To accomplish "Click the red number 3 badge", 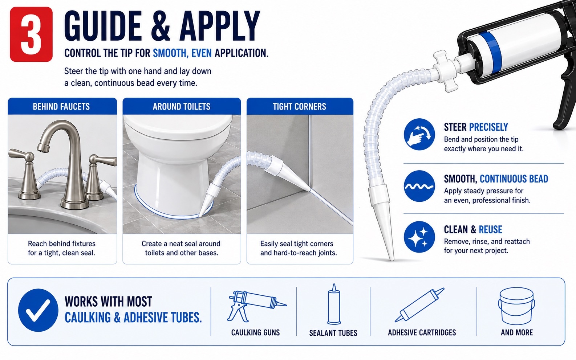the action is (x=31, y=34).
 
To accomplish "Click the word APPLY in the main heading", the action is (x=220, y=26).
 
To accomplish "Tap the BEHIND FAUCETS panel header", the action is (x=62, y=106).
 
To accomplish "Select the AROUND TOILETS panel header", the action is (x=182, y=106).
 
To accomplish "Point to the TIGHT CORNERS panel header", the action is (x=300, y=106).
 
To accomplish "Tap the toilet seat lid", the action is (x=178, y=126).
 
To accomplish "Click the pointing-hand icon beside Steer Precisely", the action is (x=419, y=134).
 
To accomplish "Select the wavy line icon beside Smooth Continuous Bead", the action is (x=419, y=186).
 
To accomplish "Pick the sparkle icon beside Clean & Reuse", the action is (x=419, y=237).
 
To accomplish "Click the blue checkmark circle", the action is (x=38, y=310).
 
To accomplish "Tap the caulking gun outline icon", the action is (x=256, y=306).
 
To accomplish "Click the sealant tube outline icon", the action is (x=334, y=304).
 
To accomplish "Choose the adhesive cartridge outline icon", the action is (x=419, y=305).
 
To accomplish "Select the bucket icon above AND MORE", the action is (x=516, y=306).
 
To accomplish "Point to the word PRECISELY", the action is (x=488, y=127).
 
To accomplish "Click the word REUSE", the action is (x=490, y=229).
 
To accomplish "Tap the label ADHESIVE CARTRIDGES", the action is (x=422, y=332).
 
